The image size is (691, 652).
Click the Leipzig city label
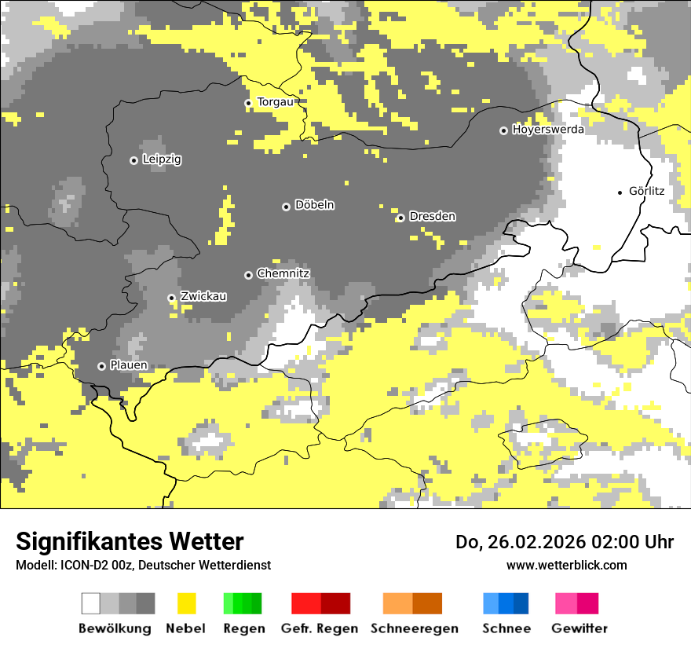point(162,159)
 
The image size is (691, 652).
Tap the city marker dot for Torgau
point(248,103)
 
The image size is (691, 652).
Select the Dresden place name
point(432,216)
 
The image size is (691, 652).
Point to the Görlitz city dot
point(620,192)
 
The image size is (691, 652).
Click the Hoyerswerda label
point(548,130)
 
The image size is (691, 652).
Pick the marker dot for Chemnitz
point(248,275)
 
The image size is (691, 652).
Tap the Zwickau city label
point(203,296)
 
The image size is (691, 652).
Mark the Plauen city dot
point(101,366)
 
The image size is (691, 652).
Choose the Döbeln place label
point(314,205)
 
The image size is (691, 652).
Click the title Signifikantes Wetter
point(130,541)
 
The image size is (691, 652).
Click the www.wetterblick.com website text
point(566,565)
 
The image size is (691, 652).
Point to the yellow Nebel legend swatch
point(187,603)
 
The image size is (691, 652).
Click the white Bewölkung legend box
point(91,603)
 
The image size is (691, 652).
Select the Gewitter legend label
point(579,628)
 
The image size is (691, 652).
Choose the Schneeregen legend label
point(414,628)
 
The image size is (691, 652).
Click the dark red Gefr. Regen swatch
point(335,603)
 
